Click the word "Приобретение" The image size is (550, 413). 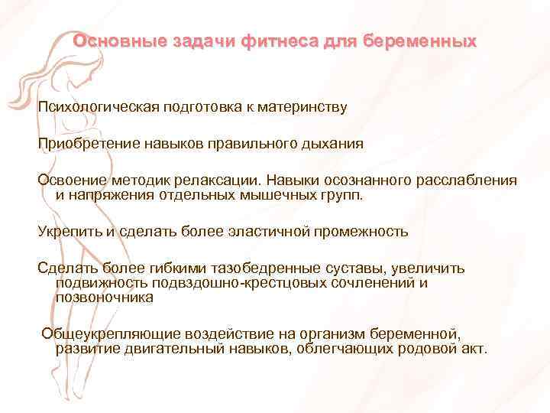(85, 143)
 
